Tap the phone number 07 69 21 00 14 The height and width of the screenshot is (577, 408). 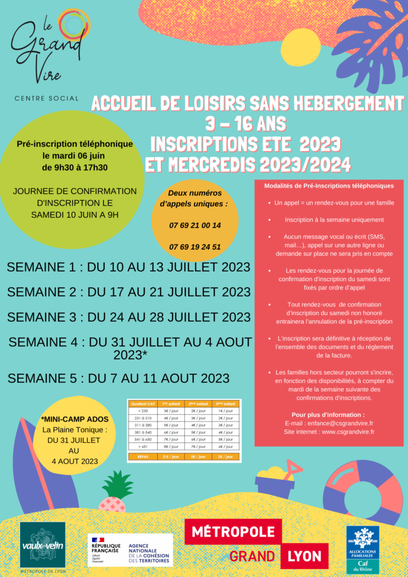pos(195,225)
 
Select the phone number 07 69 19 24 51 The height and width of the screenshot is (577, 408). pos(195,247)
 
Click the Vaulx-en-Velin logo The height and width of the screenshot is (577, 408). pos(43,545)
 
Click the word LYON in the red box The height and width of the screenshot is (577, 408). pos(304,557)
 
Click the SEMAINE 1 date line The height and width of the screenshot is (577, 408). pos(128,267)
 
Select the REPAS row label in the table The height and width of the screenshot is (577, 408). pos(142,456)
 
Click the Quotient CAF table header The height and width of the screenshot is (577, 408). pos(142,403)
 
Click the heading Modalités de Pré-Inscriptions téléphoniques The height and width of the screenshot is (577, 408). pos(329,185)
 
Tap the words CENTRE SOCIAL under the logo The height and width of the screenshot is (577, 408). pos(47,98)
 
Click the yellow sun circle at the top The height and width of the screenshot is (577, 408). pos(300,47)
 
